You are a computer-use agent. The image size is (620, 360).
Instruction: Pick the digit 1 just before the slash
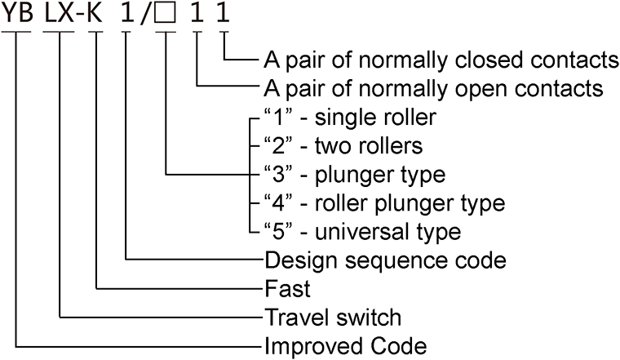(126, 16)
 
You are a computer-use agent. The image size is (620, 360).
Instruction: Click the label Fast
(284, 288)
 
